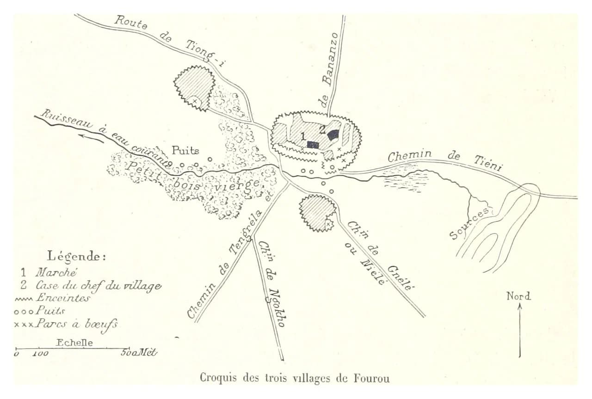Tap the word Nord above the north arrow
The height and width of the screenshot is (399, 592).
(518, 296)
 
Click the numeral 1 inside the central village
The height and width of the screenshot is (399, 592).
(303, 136)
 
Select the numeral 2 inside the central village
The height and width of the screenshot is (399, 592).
(322, 130)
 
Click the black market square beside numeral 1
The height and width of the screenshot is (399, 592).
(313, 145)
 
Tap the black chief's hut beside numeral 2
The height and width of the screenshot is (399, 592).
(333, 135)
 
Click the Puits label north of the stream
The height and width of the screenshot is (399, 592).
(185, 151)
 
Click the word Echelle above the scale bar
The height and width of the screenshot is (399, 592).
(74, 343)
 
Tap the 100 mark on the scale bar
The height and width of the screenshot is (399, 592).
(40, 354)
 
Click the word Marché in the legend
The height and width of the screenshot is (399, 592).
(56, 272)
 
